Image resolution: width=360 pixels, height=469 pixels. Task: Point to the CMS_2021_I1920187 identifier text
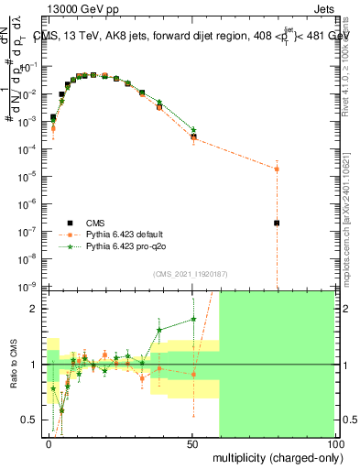[189, 273]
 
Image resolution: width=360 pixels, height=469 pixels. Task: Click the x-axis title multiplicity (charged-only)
[275, 455]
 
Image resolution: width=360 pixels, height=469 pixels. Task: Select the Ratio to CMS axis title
[14, 365]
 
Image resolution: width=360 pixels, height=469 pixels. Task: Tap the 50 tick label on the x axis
[192, 443]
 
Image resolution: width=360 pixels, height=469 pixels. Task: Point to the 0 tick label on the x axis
[49, 443]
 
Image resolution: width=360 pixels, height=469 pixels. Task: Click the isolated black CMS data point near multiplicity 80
[276, 223]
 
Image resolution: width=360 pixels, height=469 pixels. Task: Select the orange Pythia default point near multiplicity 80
[276, 169]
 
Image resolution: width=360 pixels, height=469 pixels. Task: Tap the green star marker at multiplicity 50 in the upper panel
[193, 130]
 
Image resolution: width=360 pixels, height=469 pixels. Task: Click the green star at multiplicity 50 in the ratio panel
[193, 320]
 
